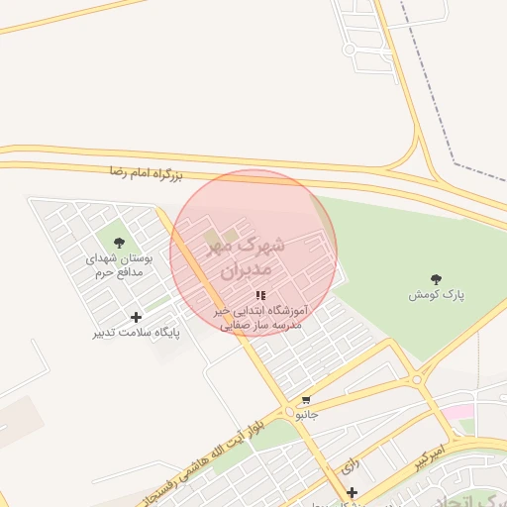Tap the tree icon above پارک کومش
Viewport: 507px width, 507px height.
point(437,280)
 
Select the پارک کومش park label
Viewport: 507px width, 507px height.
point(437,295)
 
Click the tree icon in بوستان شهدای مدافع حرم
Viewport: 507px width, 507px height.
point(120,243)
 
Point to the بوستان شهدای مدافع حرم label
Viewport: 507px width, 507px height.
point(121,265)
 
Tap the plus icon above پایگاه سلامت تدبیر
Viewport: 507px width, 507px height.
point(136,317)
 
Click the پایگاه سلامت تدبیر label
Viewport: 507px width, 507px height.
point(137,333)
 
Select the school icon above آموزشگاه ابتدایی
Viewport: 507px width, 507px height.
point(260,295)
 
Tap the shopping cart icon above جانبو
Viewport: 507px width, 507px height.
point(306,401)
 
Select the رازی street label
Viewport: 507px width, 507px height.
point(349,461)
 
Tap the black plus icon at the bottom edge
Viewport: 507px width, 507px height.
point(352,492)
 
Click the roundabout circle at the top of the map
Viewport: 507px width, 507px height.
point(349,49)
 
